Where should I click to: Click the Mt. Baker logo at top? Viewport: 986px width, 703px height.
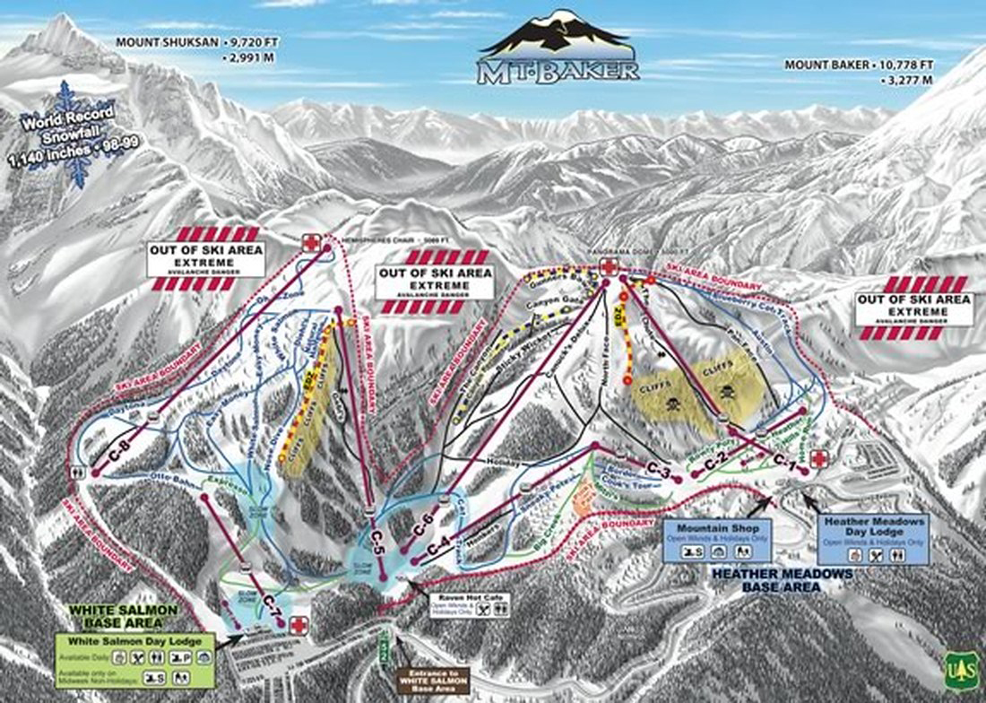coord(559,49)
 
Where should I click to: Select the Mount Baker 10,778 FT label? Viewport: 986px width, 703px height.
coord(860,72)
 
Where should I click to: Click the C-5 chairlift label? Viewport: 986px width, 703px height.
coord(376,542)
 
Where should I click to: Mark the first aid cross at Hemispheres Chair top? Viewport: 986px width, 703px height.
coord(311,243)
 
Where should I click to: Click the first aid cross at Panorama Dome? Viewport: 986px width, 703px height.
coord(608,266)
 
